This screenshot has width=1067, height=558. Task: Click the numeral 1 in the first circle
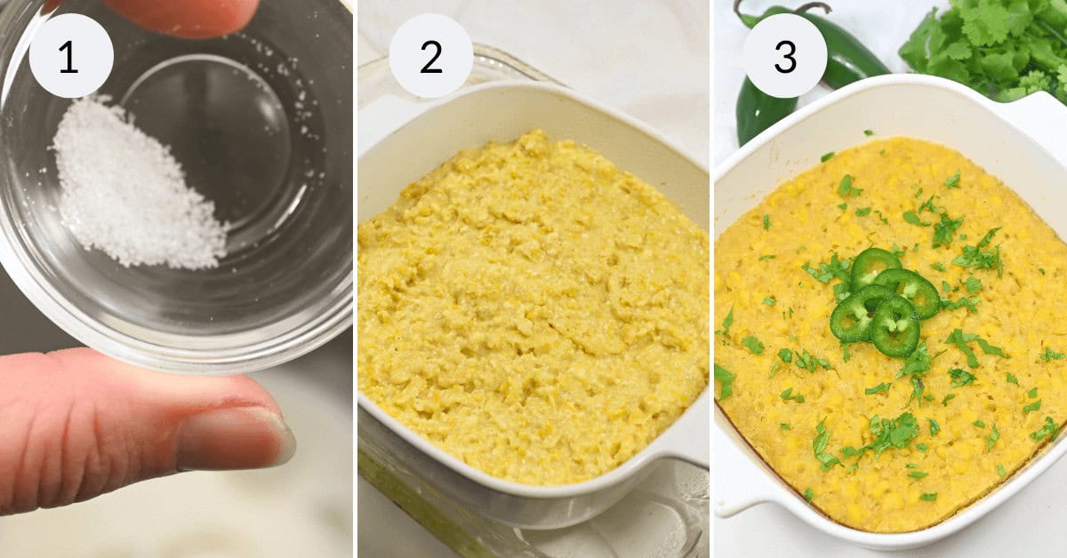tap(70, 56)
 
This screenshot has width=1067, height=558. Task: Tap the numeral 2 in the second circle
tap(430, 56)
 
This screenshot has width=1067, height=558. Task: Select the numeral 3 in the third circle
tap(785, 56)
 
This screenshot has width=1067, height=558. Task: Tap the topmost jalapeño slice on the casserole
tap(875, 265)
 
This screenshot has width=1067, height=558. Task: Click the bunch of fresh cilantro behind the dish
tap(987, 44)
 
